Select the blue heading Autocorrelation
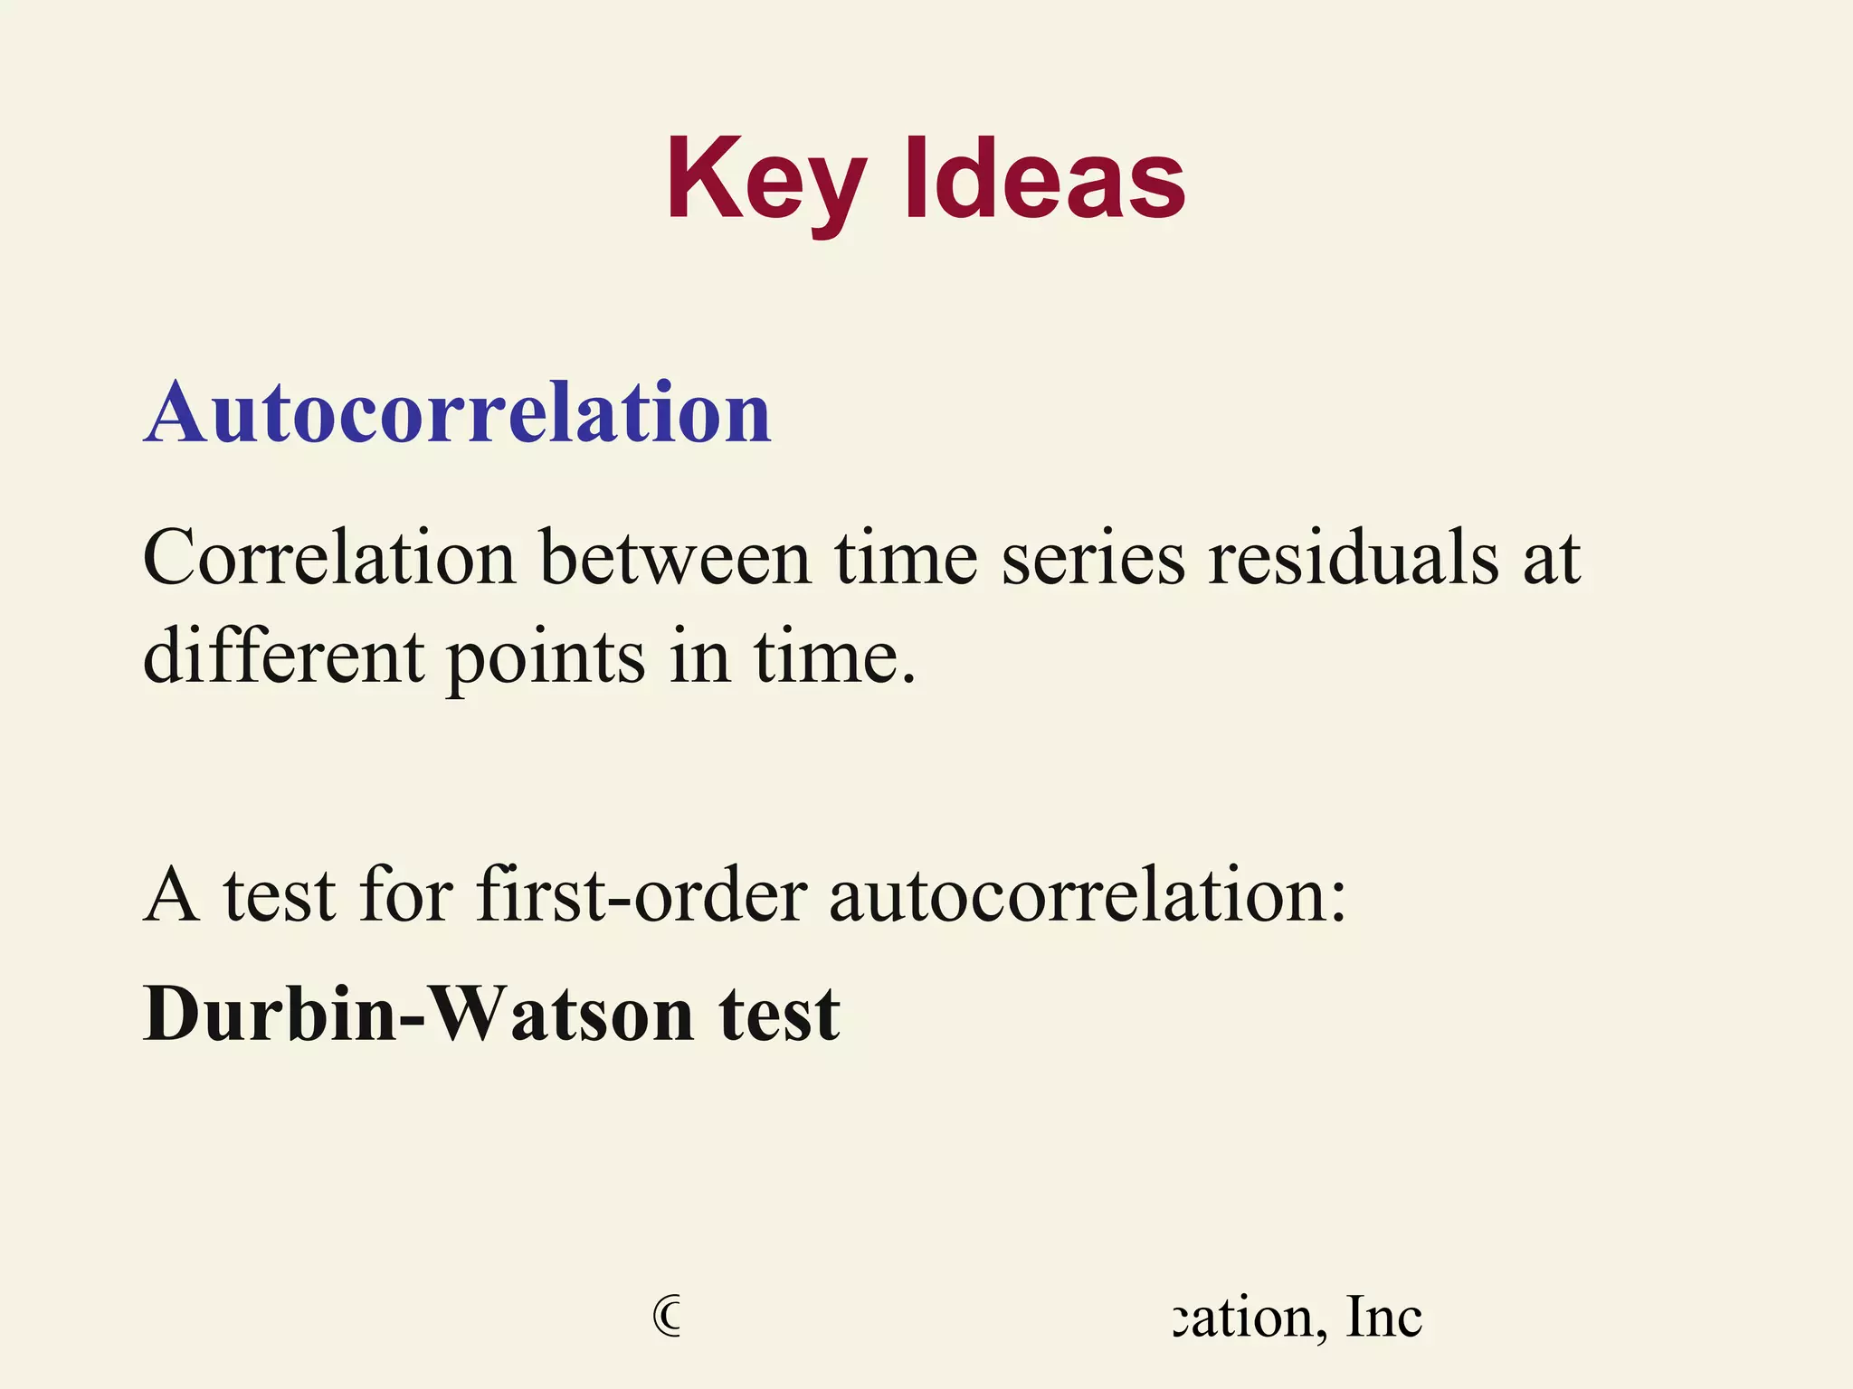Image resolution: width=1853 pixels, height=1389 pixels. click(x=457, y=413)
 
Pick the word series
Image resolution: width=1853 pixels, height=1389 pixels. click(x=1093, y=558)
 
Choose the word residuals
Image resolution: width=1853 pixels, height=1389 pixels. click(x=1354, y=558)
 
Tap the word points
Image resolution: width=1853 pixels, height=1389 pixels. click(x=546, y=657)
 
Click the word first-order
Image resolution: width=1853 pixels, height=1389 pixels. click(x=641, y=895)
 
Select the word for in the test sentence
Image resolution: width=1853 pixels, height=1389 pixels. click(x=405, y=895)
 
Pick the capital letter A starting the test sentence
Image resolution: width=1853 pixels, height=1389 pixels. click(x=172, y=895)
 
